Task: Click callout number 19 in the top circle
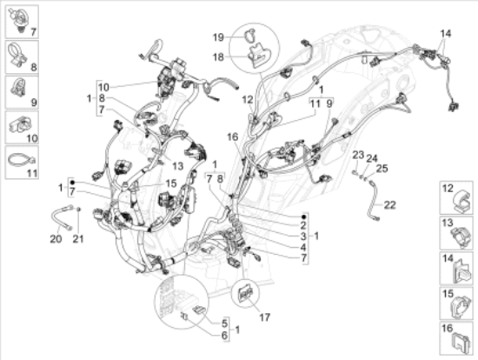coord(218,37)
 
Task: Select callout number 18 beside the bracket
coord(218,57)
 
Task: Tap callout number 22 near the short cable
coord(389,205)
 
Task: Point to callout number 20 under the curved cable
coord(56,239)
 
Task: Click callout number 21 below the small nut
coord(77,239)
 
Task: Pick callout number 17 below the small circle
coord(264,317)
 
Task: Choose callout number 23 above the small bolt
coord(358,155)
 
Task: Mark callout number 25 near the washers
coord(382,168)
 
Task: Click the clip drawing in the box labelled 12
coord(461,202)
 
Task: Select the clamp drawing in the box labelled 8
coord(19,56)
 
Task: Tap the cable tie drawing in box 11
coord(21,160)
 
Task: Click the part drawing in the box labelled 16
coord(461,343)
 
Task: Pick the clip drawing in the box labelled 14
coord(461,271)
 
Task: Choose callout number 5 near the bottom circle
coord(225,323)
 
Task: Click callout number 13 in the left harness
coord(177,166)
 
